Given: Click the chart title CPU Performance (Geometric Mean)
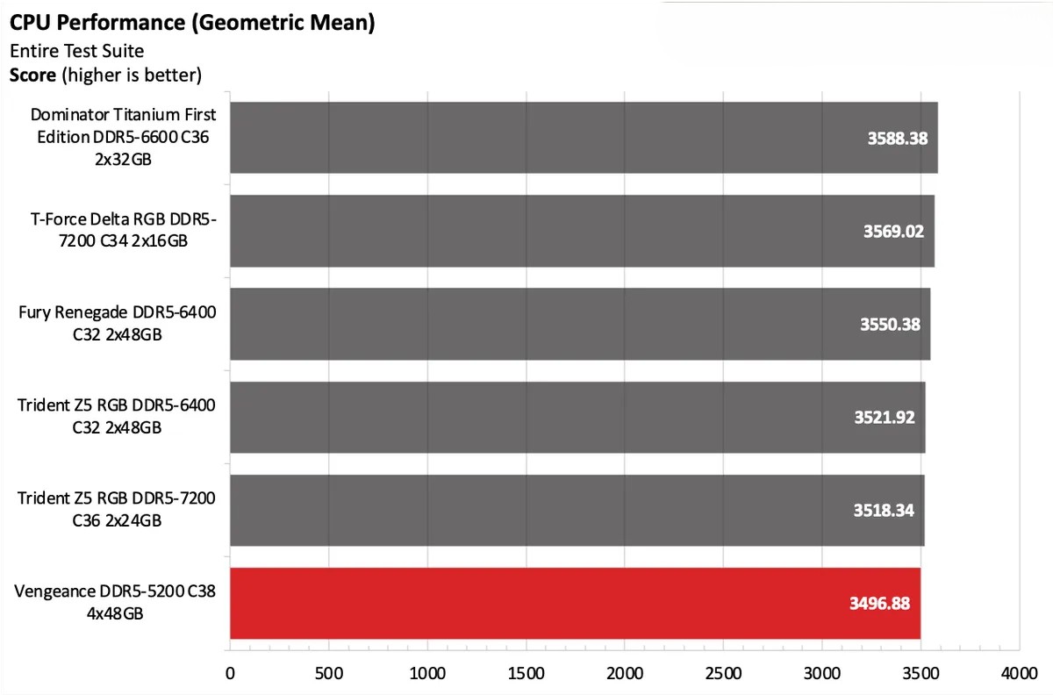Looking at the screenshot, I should [x=192, y=23].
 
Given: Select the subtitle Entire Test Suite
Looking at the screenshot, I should [x=76, y=51].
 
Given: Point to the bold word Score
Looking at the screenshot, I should [x=33, y=75].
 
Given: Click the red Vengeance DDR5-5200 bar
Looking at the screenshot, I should [x=575, y=603].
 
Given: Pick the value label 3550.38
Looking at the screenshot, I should [x=890, y=325].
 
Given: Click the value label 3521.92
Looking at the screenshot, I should [x=885, y=418].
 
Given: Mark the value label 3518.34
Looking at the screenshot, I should [x=884, y=511].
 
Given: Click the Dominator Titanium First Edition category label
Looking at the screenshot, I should [x=123, y=137].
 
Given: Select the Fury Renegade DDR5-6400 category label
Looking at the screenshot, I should [x=117, y=323].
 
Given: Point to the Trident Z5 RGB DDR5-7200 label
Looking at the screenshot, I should [x=117, y=509].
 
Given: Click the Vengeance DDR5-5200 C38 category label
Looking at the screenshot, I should [x=115, y=602].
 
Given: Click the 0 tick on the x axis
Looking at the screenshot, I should [x=230, y=674].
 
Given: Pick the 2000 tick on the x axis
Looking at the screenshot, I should [x=624, y=674].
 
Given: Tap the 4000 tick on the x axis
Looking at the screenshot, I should [x=1018, y=674].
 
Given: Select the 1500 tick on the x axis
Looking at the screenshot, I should [x=526, y=674].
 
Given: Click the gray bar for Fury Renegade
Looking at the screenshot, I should [x=579, y=324].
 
